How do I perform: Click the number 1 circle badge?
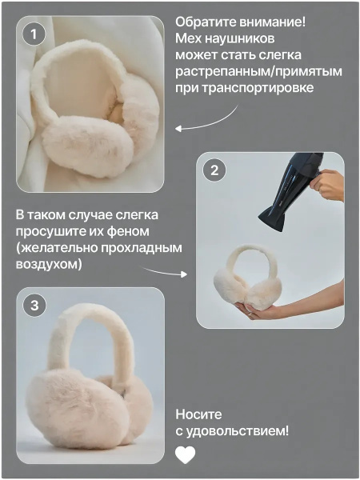click(34, 34)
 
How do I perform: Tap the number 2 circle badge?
click(214, 170)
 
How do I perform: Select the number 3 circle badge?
click(34, 306)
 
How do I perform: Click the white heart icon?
click(186, 454)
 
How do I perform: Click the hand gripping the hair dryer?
click(327, 185)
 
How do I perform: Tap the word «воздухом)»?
click(49, 264)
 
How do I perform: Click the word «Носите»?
click(198, 414)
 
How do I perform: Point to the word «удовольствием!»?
click(238, 431)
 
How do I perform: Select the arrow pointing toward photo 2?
click(165, 272)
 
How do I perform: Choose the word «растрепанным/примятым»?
click(258, 72)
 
